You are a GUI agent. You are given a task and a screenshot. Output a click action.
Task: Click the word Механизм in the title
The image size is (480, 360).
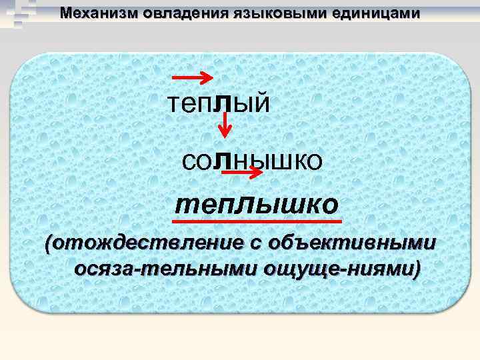[91, 13]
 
